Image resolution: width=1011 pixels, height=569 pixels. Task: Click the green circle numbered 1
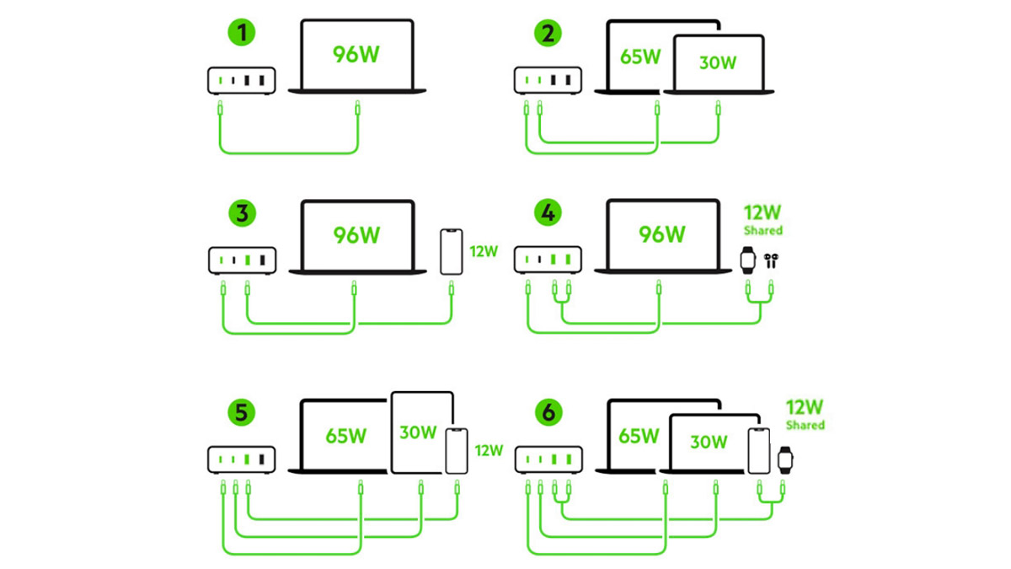(242, 35)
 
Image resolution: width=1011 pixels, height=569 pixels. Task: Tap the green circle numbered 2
(548, 35)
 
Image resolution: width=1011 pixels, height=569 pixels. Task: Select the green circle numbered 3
(242, 213)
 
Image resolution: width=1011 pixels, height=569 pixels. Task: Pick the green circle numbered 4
(548, 213)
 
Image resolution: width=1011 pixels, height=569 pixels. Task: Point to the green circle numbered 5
(242, 415)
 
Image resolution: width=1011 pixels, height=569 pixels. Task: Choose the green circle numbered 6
(548, 415)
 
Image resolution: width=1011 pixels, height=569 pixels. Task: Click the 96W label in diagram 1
(356, 55)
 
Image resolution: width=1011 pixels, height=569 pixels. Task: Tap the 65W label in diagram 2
(640, 56)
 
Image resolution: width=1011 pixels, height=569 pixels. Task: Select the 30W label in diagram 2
(717, 63)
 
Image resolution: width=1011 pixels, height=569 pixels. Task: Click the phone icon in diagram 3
(452, 250)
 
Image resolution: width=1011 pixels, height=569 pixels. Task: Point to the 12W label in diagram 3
(484, 250)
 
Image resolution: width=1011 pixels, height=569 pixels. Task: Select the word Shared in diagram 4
(762, 230)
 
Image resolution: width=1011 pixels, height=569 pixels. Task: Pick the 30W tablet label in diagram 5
(418, 432)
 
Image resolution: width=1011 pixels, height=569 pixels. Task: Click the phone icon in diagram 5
(457, 450)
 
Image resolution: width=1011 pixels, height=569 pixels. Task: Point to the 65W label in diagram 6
(639, 437)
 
